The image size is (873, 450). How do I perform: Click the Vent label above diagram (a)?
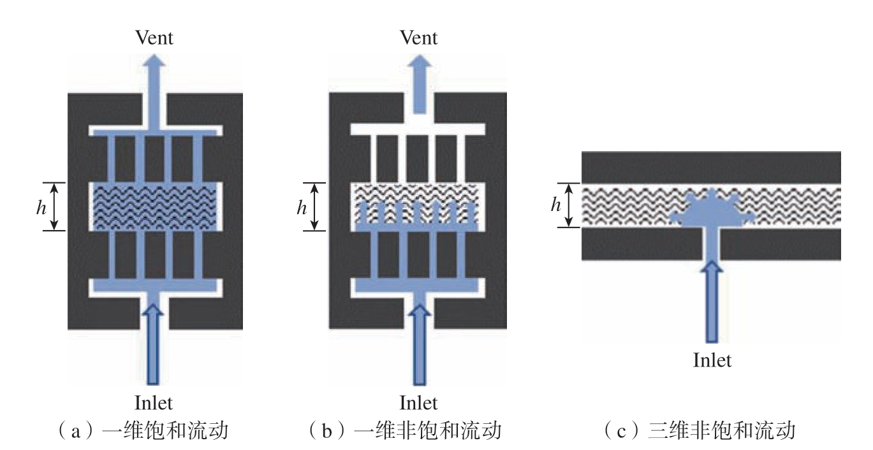[154, 38]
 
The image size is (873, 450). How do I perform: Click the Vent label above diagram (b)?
[418, 38]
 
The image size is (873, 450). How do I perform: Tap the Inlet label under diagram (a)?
[154, 402]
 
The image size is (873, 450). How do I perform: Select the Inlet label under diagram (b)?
[418, 402]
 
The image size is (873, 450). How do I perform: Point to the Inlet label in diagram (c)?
[712, 360]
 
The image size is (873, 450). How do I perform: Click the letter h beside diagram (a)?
[41, 207]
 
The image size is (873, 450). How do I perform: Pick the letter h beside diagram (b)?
[301, 207]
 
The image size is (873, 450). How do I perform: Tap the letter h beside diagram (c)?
[556, 204]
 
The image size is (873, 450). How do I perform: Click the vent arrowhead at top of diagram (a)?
[155, 62]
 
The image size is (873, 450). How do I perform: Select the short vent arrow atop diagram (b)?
[420, 83]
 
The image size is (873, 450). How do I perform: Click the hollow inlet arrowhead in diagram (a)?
[153, 310]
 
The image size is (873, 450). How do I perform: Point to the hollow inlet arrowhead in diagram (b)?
[420, 310]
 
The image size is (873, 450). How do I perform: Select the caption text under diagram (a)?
[143, 430]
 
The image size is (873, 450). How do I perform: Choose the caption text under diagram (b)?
[405, 430]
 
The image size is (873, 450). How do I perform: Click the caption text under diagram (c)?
[699, 430]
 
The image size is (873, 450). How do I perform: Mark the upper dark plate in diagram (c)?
[711, 167]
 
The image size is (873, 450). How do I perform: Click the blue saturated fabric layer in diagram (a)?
[155, 207]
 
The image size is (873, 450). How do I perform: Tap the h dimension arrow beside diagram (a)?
[54, 207]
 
